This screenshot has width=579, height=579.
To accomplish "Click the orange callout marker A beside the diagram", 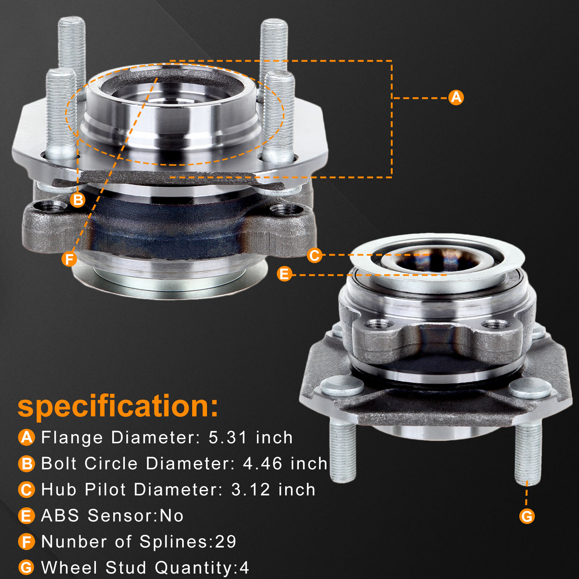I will (x=456, y=97).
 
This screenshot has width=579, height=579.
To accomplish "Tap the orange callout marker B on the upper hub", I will (x=77, y=200).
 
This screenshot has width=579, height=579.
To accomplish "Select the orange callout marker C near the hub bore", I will (x=314, y=255).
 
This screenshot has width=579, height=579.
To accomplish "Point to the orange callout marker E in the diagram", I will (x=284, y=274).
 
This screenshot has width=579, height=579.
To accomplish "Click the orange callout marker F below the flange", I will (x=69, y=259).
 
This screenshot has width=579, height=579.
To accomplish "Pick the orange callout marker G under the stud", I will (x=527, y=516).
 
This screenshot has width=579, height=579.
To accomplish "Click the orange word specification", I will (x=118, y=406).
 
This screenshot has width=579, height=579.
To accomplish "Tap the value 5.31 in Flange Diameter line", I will (x=228, y=438).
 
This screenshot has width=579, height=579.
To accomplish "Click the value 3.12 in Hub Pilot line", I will (x=250, y=490).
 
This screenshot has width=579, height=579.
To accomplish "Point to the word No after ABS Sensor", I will (x=172, y=516).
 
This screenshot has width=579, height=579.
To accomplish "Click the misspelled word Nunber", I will (x=74, y=542).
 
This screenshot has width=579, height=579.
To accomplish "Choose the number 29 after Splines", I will (x=225, y=542).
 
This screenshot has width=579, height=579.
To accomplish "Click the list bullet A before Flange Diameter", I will (x=26, y=437).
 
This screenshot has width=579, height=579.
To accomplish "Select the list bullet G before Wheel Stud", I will (x=26, y=567).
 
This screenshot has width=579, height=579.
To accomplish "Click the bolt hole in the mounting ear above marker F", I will (x=51, y=207).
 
